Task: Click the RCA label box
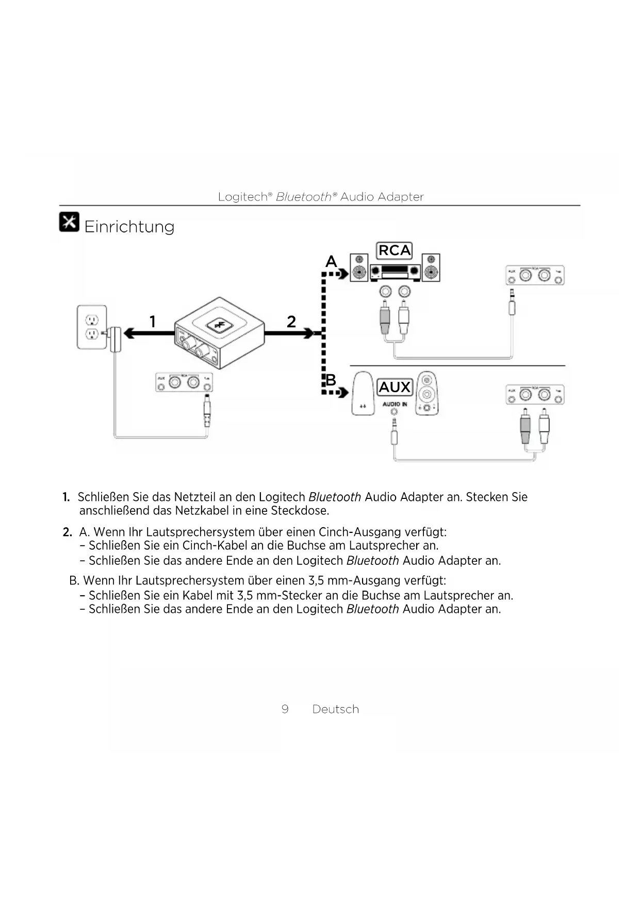click(395, 250)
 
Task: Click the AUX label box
click(395, 387)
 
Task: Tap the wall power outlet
click(92, 327)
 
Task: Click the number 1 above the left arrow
click(152, 322)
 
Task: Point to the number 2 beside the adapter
click(291, 322)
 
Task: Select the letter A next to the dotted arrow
click(331, 262)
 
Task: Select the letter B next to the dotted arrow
click(331, 380)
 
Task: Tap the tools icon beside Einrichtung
click(69, 222)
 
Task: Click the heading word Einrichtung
click(129, 227)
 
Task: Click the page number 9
click(285, 709)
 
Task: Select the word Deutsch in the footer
click(336, 709)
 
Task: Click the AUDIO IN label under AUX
click(395, 404)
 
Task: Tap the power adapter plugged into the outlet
click(116, 339)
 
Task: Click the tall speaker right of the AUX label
click(426, 393)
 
